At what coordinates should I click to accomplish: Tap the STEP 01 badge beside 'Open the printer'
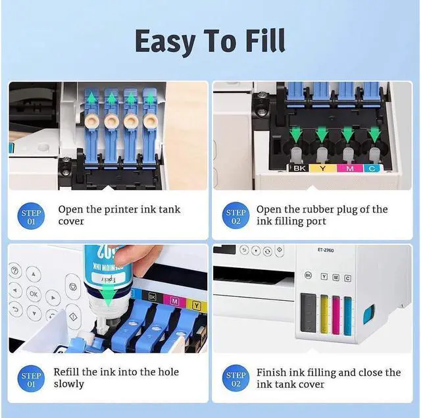pos(32,217)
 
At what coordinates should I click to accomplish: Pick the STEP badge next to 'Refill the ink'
pos(32,380)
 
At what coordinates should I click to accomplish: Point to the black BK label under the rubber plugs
pos(300,169)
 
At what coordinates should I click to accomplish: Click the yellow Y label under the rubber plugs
pos(322,169)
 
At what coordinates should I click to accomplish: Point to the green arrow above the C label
pos(374,136)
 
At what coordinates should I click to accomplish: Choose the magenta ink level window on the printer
pos(335,313)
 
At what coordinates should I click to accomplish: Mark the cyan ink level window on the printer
pos(347,313)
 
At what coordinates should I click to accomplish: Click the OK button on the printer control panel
pos(33,294)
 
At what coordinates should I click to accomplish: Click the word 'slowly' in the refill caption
pos(69,384)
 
